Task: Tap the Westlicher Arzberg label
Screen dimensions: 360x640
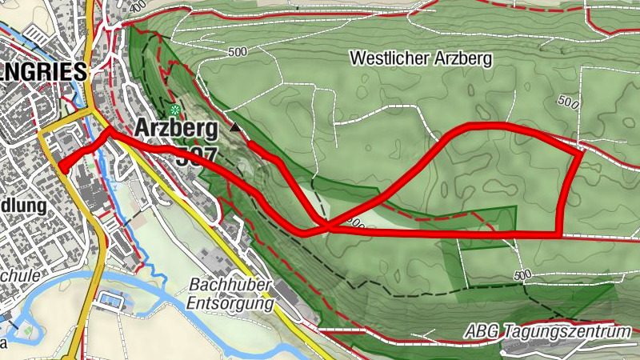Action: tap(421, 58)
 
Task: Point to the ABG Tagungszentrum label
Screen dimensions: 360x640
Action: tap(549, 331)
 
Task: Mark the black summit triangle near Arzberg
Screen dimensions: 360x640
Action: tap(234, 128)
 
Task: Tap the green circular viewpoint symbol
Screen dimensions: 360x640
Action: tap(174, 109)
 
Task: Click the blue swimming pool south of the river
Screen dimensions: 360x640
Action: tap(109, 302)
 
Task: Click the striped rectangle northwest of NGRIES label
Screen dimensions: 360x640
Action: tap(36, 35)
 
